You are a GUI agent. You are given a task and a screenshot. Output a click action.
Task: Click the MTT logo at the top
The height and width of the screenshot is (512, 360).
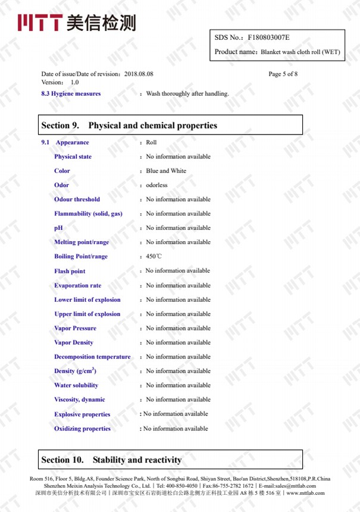coord(77,23)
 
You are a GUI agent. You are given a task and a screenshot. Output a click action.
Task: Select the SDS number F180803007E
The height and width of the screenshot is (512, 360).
coord(268,38)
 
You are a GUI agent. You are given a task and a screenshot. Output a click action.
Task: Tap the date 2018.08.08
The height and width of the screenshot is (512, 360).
coord(139,74)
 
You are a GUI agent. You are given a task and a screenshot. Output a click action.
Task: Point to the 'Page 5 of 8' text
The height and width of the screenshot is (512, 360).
coord(283,74)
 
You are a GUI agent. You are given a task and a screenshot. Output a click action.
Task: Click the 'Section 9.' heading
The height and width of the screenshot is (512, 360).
coord(60,126)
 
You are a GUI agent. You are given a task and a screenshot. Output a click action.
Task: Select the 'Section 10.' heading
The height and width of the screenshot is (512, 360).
coord(62,460)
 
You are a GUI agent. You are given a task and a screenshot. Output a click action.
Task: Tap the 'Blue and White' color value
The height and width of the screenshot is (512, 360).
coord(166,171)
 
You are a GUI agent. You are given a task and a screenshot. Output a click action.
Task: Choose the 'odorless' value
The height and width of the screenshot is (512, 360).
coord(157,185)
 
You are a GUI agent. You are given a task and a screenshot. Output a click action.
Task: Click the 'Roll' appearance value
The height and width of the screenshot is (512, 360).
coord(151,142)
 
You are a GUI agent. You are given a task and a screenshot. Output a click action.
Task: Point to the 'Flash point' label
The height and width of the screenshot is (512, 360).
coord(70,271)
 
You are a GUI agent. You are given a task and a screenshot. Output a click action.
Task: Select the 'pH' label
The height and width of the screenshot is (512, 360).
coord(58,228)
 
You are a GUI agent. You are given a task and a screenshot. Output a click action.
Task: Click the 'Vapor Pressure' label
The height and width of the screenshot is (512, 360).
coord(75,328)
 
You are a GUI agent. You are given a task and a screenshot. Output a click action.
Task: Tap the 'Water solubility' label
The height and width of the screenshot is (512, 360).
coord(76,385)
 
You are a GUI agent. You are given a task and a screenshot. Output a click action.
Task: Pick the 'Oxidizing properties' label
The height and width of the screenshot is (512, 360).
coord(82,429)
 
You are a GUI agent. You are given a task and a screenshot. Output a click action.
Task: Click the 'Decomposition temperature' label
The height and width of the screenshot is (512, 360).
coord(92,357)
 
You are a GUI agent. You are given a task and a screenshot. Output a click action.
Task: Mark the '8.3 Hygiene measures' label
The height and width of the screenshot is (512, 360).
coord(71,93)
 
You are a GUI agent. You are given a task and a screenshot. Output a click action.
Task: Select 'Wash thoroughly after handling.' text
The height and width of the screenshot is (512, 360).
coord(187,93)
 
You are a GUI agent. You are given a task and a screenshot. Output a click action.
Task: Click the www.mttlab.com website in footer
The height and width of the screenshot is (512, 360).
coord(305,493)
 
